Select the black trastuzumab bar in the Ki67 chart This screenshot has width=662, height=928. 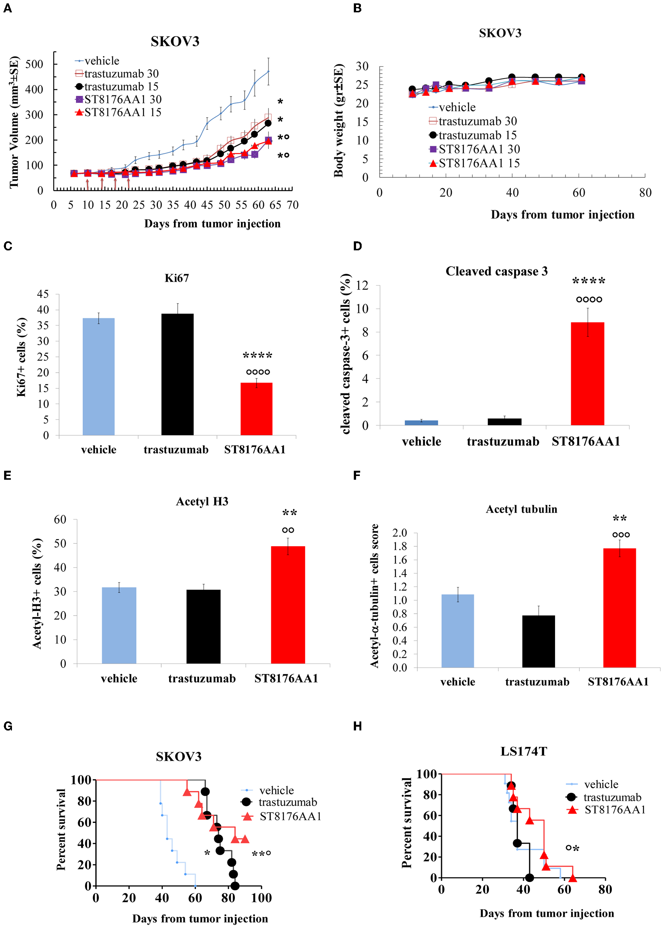177,374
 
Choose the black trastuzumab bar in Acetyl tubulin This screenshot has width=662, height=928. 538,641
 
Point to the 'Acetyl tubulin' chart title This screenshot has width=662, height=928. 521,509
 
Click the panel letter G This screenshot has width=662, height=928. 8,726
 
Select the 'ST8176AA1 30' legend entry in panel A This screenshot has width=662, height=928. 118,100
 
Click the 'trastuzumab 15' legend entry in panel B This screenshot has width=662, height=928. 473,135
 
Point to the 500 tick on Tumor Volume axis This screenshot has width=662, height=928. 34,64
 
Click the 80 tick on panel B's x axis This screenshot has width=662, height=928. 645,193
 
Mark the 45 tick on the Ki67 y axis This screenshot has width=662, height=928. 43,294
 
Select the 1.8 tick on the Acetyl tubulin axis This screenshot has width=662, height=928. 399,546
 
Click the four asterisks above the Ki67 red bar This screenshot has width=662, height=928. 257,355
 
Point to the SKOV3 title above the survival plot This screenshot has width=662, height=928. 178,757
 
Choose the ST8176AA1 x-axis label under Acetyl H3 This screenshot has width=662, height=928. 286,678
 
